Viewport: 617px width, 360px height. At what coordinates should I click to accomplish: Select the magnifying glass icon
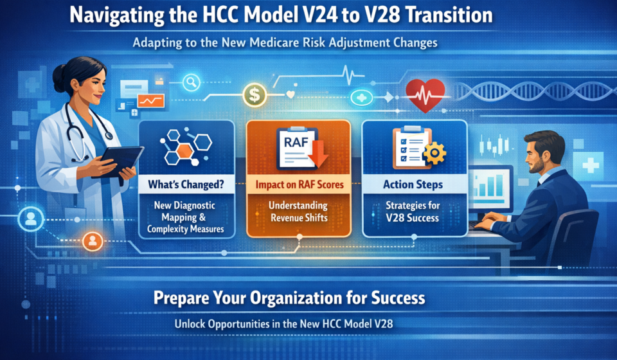click(x=192, y=82)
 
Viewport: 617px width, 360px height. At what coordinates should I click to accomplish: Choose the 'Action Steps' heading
click(x=414, y=184)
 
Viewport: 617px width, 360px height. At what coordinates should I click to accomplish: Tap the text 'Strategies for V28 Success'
click(x=414, y=212)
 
